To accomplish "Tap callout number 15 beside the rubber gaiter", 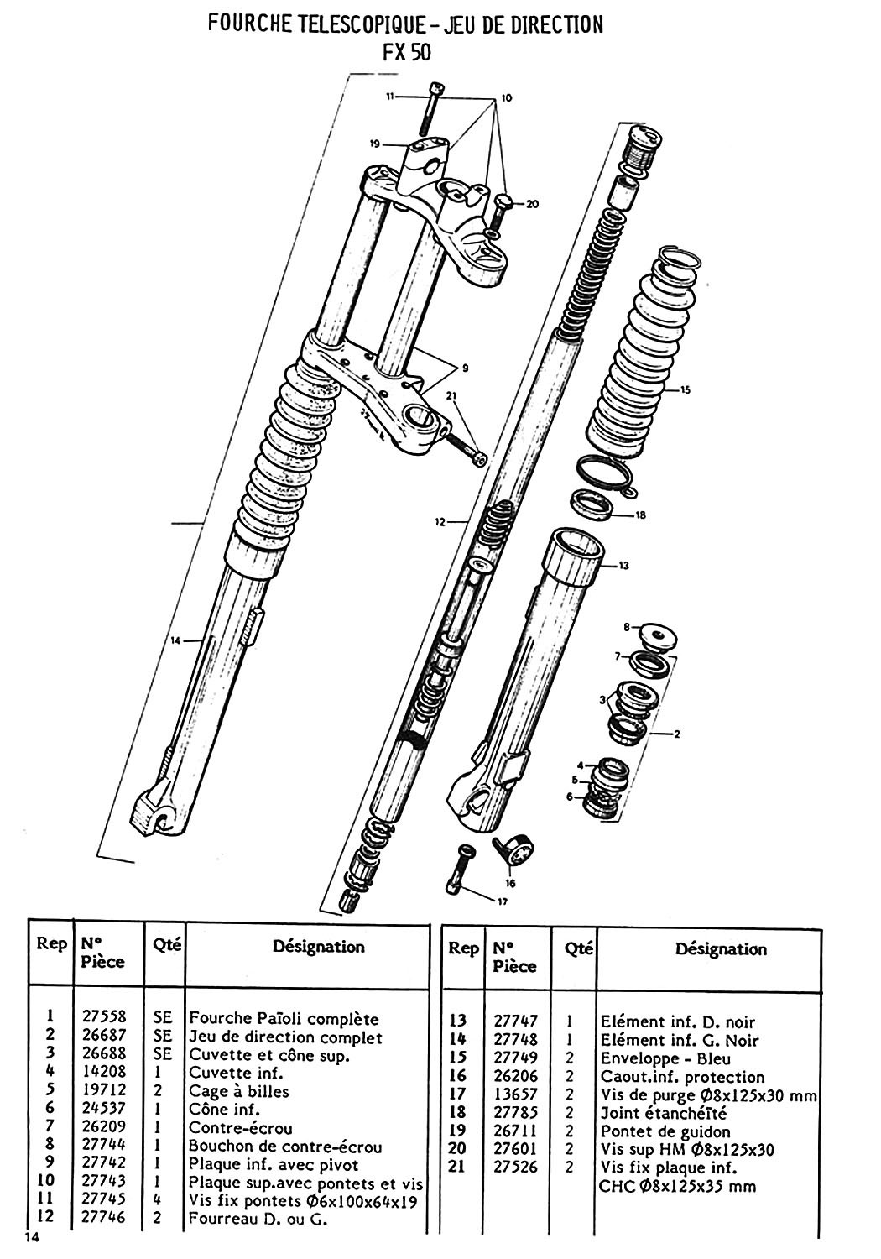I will click(685, 389).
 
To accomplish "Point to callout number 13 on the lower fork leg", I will click(623, 566).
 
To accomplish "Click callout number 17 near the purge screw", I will click(503, 902).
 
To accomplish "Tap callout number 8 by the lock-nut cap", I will click(625, 627).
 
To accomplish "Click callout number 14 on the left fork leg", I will click(175, 641).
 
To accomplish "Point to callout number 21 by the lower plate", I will click(452, 397).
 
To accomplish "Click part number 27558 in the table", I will click(104, 1019).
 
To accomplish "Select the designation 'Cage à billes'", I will click(238, 1091).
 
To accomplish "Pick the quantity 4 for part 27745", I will click(157, 1200).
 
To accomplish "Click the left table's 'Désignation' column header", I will click(319, 947).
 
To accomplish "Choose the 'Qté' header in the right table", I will click(579, 948).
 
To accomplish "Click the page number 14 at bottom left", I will click(33, 1237).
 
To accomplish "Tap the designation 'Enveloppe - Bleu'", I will click(665, 1058).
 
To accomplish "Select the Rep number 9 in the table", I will click(51, 1164).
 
